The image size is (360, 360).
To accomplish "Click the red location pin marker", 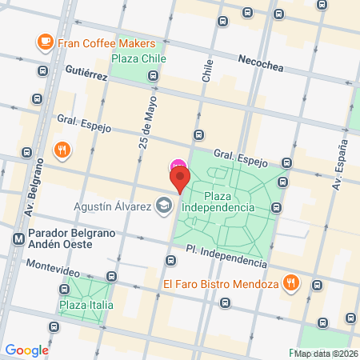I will coord(179,178).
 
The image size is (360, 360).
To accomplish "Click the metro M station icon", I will coord(18,238).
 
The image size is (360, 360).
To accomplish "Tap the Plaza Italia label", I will coord(86,305).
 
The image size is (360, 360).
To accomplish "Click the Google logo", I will coord(26,350).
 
